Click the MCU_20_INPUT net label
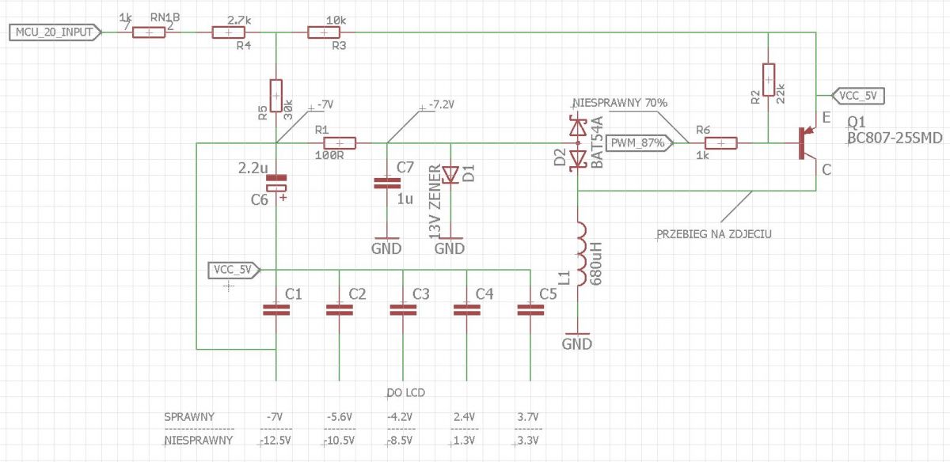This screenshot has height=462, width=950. tap(55, 32)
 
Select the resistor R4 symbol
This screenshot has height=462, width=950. tap(228, 32)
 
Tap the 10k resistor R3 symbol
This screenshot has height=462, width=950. tap(324, 32)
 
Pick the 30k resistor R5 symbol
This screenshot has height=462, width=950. tap(276, 96)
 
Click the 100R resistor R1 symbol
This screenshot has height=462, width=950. tap(340, 143)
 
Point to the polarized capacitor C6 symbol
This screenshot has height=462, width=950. tap(276, 183)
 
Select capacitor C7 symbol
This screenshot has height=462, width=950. tap(387, 183)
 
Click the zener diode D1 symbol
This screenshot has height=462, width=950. tap(450, 175)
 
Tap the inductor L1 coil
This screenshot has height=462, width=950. tap(580, 254)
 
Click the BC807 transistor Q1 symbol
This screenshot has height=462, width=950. tap(806, 143)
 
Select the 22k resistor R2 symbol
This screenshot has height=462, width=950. tap(769, 80)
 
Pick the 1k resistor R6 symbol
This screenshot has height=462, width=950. tap(721, 143)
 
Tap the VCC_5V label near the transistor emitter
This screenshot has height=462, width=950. tap(858, 96)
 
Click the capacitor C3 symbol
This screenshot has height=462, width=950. tap(403, 310)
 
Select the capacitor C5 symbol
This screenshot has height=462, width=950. tap(530, 310)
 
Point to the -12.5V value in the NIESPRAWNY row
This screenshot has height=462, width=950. tap(275, 441)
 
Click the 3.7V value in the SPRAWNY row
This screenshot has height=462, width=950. tap(528, 417)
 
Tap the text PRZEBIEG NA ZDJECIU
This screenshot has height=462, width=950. tap(714, 234)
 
